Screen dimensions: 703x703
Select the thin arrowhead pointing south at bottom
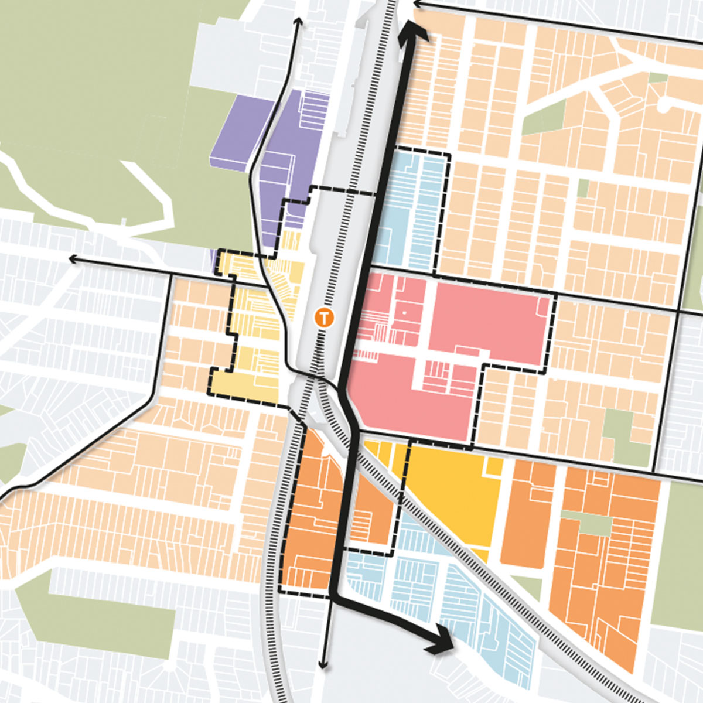[x=322, y=664]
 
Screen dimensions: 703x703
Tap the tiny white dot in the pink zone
[x=404, y=315]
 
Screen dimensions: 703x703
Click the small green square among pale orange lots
[x=582, y=187]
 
